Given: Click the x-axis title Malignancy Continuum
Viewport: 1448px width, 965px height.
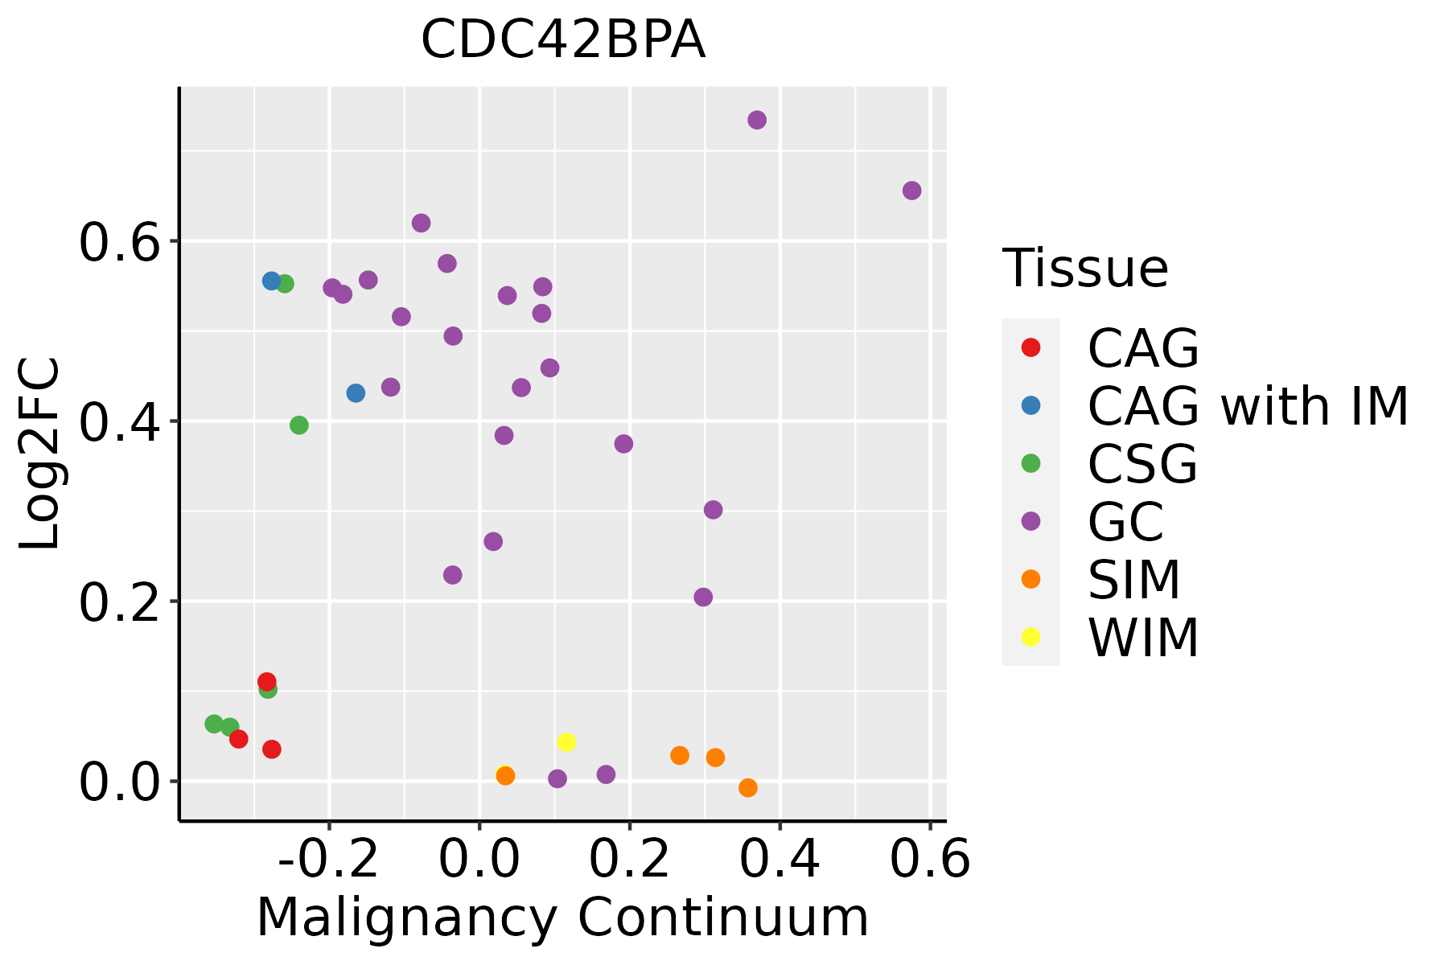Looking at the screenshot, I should click(x=562, y=918).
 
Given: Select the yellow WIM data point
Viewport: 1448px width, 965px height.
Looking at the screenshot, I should click(x=566, y=742).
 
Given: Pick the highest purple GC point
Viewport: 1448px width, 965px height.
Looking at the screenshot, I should click(x=757, y=120).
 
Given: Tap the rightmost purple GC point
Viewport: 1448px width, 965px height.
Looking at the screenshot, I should click(x=911, y=191).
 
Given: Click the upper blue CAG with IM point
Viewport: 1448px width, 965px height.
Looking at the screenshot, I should click(x=271, y=281).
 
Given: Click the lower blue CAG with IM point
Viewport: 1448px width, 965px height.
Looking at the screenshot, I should click(x=356, y=393).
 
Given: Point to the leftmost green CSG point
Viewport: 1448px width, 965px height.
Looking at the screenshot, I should click(x=214, y=724).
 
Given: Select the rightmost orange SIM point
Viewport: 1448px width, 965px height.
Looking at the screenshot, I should click(x=748, y=787).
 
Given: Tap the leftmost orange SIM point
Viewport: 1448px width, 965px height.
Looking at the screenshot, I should click(x=505, y=776).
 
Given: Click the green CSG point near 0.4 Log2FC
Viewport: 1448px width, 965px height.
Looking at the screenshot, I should click(x=299, y=425).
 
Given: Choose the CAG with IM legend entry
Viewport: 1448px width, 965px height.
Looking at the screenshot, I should click(x=1247, y=406).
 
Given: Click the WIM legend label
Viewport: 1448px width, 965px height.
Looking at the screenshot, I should click(x=1142, y=638).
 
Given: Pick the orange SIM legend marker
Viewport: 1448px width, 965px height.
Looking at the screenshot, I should click(x=1030, y=579).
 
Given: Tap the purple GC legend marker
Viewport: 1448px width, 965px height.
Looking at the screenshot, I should click(x=1030, y=521).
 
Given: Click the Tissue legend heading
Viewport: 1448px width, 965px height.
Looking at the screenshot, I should click(x=1085, y=269).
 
